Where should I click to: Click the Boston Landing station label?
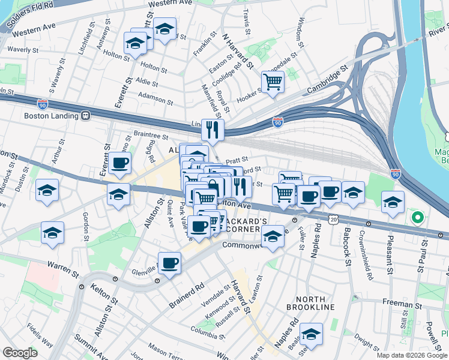[52, 116]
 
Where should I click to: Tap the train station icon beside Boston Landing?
[86, 116]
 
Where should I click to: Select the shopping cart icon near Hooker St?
[273, 82]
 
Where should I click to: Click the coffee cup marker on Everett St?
[119, 163]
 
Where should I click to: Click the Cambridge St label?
[328, 80]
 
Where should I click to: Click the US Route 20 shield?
[334, 220]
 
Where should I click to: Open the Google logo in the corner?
[20, 352]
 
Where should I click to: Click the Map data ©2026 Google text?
[412, 355]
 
